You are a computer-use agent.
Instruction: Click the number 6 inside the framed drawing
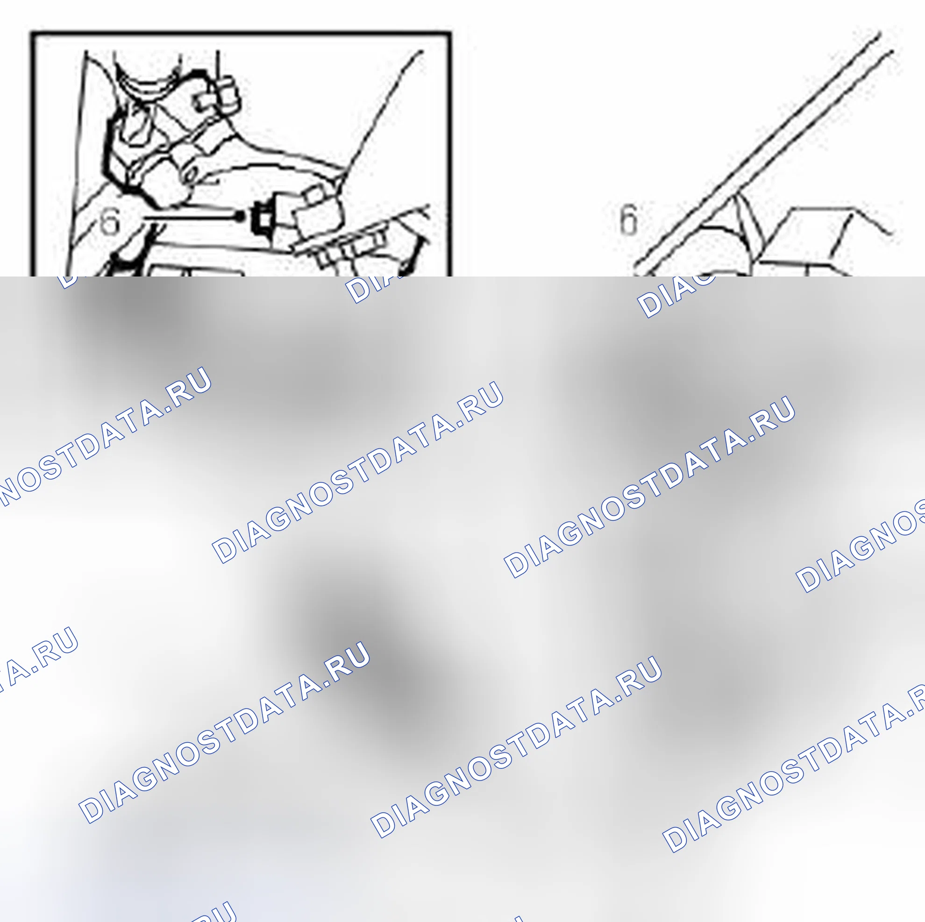click(110, 222)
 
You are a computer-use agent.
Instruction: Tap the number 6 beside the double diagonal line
click(628, 219)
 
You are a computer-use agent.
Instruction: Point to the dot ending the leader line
click(239, 217)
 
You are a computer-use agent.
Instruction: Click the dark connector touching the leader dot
click(263, 218)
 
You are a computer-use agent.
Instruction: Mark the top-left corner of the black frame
click(32, 33)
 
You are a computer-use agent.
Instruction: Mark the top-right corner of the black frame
click(450, 33)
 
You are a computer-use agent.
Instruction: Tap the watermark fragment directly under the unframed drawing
click(675, 297)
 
